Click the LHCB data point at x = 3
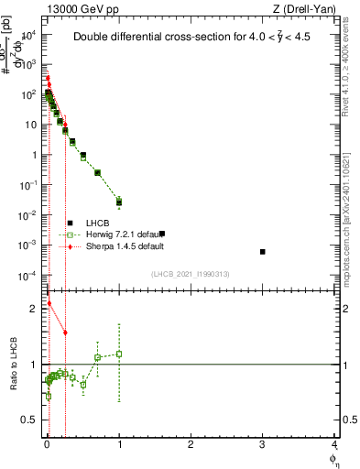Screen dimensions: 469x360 pos(262,251)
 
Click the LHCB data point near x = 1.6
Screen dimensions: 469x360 pos(161,234)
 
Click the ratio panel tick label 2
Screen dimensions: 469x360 pos(33,309)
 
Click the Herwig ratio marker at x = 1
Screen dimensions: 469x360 pos(119,354)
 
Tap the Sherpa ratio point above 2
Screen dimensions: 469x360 pos(49,303)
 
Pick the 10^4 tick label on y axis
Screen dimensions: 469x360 pos(28,35)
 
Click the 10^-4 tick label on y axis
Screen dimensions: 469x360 pos(28,276)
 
